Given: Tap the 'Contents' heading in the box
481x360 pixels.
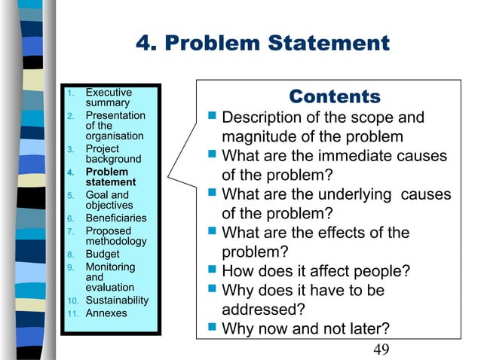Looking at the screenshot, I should point(335,96).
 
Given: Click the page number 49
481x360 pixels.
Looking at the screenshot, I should point(382,348).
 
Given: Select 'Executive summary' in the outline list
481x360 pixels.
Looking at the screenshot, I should point(108,97).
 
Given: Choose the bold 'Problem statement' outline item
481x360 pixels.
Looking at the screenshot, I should point(110,177).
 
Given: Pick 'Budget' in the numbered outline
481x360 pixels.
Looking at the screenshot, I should point(102,255).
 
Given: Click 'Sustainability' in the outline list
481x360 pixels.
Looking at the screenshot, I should point(117,301).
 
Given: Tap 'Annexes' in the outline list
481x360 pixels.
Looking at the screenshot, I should point(106,313).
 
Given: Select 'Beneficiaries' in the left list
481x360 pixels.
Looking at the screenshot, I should point(115,218).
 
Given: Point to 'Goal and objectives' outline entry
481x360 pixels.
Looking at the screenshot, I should point(107,200).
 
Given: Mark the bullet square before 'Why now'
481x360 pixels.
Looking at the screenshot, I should point(212,328).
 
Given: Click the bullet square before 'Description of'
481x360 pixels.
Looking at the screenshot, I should point(212,117).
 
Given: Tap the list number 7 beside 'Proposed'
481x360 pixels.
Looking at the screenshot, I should point(69,231).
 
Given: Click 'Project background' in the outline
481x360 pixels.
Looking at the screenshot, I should point(112,154).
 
